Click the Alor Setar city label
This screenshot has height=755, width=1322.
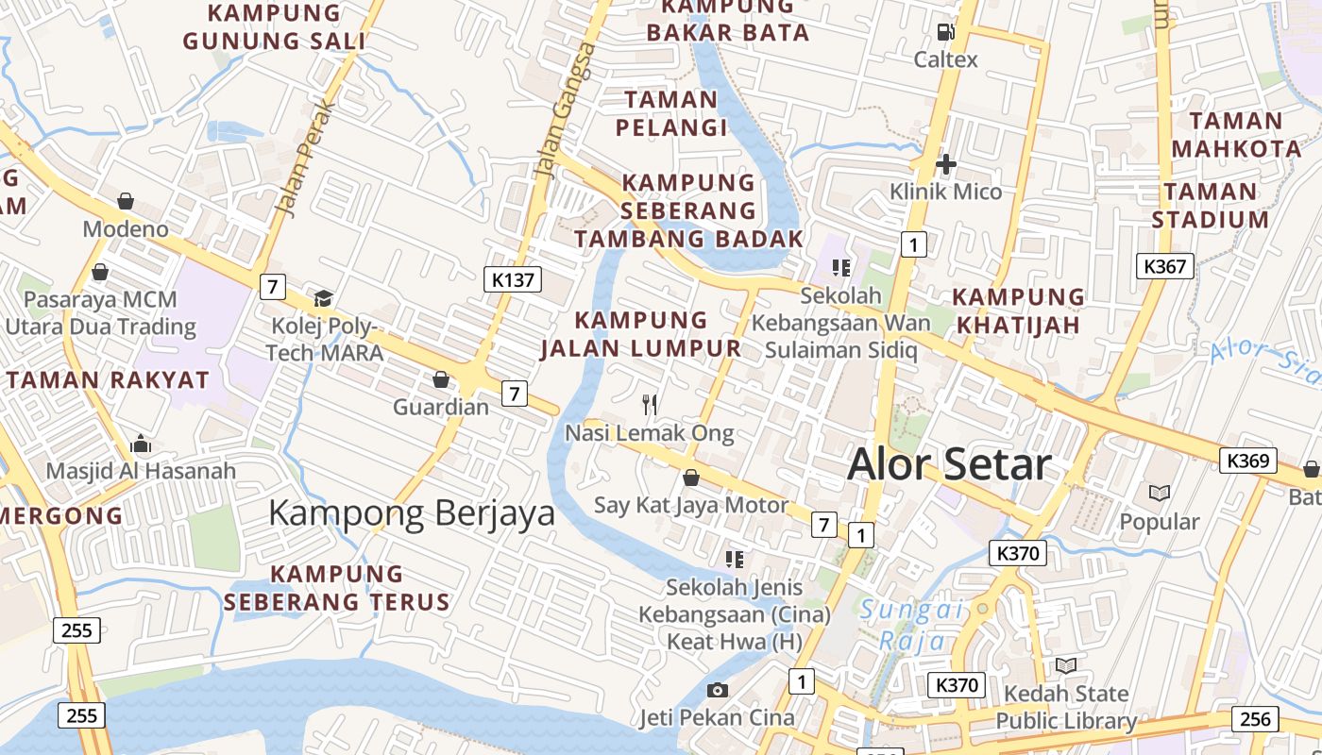(x=949, y=464)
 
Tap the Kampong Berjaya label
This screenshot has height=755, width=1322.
(x=412, y=512)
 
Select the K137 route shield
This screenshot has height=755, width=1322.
(x=514, y=278)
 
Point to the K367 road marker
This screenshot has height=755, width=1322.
(x=1164, y=266)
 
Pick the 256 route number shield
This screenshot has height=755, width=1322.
(x=1255, y=718)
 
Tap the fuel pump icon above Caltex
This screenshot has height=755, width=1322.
(x=945, y=32)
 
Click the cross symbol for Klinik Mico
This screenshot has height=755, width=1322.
(x=945, y=164)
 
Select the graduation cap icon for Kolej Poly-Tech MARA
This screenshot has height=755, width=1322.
(x=324, y=298)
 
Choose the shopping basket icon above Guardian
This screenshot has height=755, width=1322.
(x=440, y=379)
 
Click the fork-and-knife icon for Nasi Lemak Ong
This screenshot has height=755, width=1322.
(x=650, y=405)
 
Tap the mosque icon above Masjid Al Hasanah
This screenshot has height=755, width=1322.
(x=141, y=443)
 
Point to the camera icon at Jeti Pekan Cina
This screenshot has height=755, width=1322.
(x=718, y=690)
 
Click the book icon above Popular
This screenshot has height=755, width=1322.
(x=1159, y=493)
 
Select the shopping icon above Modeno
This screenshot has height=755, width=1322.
(x=126, y=200)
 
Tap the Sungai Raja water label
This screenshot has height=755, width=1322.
(x=911, y=625)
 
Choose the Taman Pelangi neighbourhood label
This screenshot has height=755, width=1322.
(x=671, y=113)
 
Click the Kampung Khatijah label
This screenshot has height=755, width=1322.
(x=1018, y=310)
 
